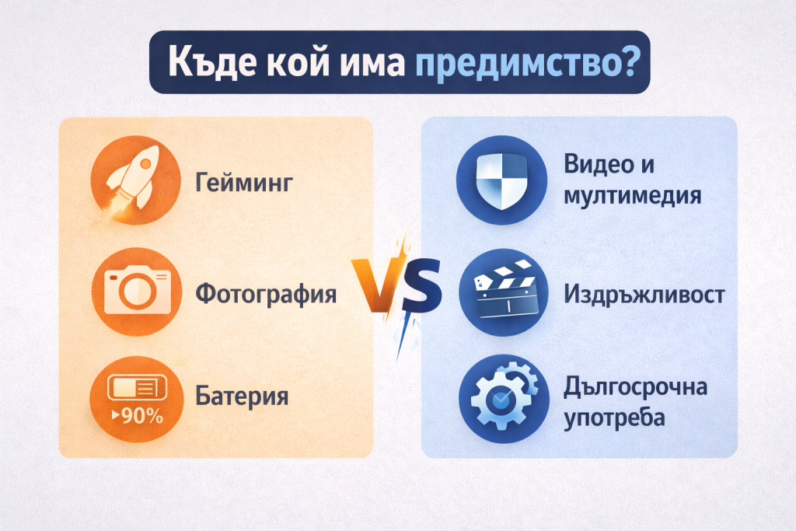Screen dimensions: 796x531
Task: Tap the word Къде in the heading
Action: click(x=213, y=61)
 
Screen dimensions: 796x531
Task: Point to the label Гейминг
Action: click(x=244, y=182)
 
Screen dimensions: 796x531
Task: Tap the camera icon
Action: click(x=137, y=289)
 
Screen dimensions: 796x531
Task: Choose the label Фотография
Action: click(x=266, y=294)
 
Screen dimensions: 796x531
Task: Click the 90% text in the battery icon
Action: click(x=138, y=416)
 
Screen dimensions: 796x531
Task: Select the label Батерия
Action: click(x=242, y=396)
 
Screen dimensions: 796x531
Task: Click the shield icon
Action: click(x=502, y=180)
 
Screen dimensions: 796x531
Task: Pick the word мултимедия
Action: click(x=633, y=196)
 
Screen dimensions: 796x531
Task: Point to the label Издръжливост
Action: click(x=644, y=295)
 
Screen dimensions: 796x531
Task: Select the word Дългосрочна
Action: click(x=636, y=387)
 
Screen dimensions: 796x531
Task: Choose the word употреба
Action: click(x=614, y=418)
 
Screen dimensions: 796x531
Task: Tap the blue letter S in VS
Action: click(x=421, y=285)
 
